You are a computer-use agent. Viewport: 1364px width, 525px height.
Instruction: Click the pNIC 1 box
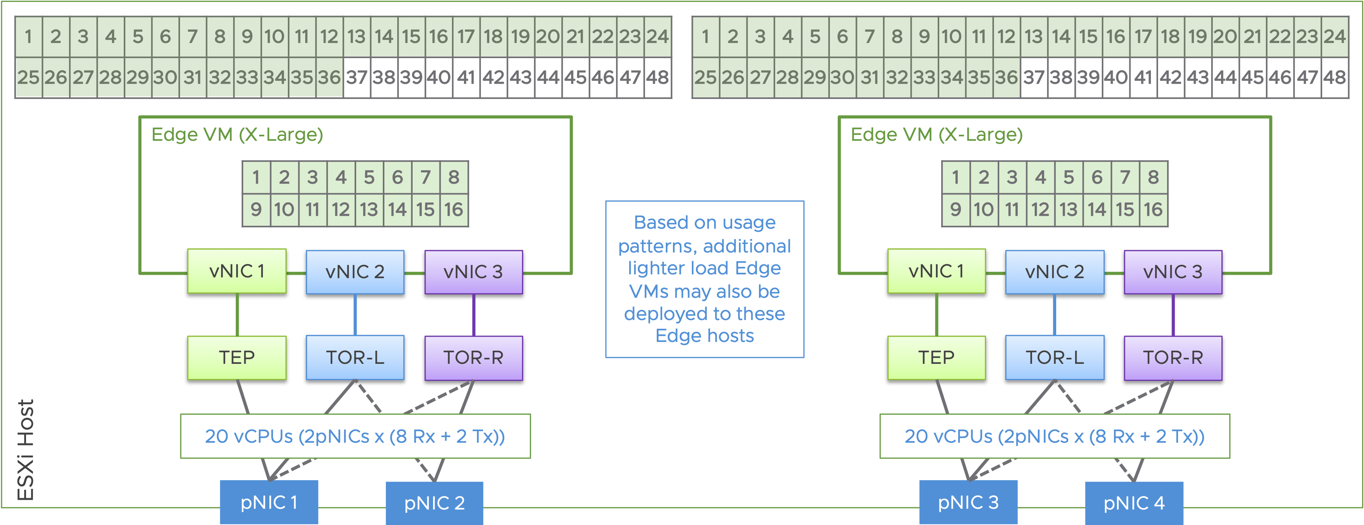coord(269,502)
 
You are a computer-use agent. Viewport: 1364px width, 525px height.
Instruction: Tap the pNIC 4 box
coord(1134,503)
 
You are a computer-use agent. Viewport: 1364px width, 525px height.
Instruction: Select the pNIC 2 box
coord(434,503)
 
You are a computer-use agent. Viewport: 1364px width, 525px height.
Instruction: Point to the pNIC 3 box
coord(968,502)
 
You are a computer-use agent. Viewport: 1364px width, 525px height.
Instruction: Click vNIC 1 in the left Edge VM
coord(237,271)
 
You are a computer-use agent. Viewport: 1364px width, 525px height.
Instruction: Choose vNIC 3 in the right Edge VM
coord(1173,272)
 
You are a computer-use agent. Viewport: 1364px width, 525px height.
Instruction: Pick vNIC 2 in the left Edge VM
coord(355,272)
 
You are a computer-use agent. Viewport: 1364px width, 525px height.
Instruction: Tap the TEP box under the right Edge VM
coord(936,357)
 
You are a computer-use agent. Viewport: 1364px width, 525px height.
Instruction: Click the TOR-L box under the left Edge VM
coord(355,357)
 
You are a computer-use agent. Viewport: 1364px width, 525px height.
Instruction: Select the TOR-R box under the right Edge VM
coord(1173,357)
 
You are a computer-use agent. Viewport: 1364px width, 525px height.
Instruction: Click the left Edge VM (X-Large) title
coord(237,135)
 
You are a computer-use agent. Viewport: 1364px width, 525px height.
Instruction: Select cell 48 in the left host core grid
coord(657,77)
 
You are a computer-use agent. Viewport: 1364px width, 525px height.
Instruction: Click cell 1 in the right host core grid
coord(705,37)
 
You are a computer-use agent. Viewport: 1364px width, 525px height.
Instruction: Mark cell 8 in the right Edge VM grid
coord(1153,177)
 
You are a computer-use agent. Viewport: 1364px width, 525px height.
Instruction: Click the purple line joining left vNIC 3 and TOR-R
coord(473,315)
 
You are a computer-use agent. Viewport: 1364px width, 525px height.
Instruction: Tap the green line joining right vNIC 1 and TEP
coord(936,315)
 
